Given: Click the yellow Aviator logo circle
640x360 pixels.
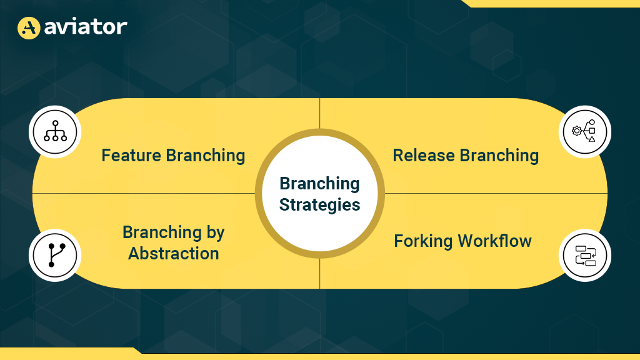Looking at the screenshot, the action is pyautogui.click(x=29, y=27).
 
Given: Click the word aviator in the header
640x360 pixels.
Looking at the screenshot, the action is pyautogui.click(x=86, y=27).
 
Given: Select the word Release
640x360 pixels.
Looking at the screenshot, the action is pyautogui.click(x=424, y=156).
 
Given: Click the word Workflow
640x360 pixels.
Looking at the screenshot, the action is pyautogui.click(x=495, y=241).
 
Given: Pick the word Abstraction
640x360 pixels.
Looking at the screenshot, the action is pyautogui.click(x=174, y=254).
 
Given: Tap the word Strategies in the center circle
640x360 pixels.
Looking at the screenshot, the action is pyautogui.click(x=319, y=205).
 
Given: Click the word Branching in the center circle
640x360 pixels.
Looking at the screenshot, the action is pyautogui.click(x=319, y=184).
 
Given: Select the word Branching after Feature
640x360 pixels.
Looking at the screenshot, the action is pyautogui.click(x=206, y=156).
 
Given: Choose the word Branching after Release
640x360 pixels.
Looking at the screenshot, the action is pyautogui.click(x=499, y=156).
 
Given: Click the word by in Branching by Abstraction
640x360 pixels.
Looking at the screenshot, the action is pyautogui.click(x=216, y=233).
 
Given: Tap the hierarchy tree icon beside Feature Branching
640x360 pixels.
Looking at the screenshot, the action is pyautogui.click(x=55, y=131).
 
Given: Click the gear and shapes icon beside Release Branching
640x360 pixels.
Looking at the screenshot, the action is pyautogui.click(x=584, y=131).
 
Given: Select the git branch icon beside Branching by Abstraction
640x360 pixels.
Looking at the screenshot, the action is pyautogui.click(x=56, y=255).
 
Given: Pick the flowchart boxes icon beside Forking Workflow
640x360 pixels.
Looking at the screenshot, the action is pyautogui.click(x=585, y=256).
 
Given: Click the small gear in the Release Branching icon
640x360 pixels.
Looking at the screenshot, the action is pyautogui.click(x=577, y=131).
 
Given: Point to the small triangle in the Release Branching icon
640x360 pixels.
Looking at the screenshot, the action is pyautogui.click(x=592, y=139).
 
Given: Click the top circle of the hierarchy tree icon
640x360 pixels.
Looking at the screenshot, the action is pyautogui.click(x=56, y=123).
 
